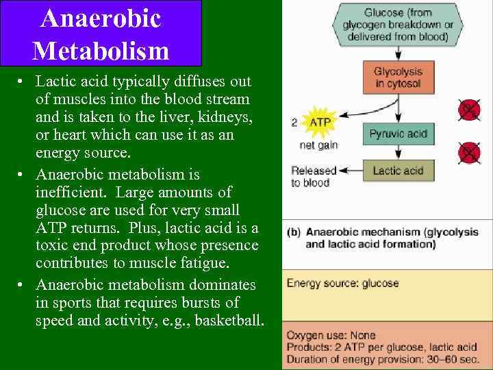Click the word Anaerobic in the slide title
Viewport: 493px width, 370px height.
pyautogui.click(x=101, y=18)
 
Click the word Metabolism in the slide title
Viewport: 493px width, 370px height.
pyautogui.click(x=101, y=50)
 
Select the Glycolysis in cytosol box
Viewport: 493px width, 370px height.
pyautogui.click(x=398, y=77)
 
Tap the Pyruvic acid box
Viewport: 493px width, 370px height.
pyautogui.click(x=398, y=134)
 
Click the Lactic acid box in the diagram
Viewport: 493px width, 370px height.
pyautogui.click(x=398, y=171)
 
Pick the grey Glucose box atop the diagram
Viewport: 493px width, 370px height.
pyautogui.click(x=398, y=25)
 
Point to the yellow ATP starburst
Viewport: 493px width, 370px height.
pyautogui.click(x=320, y=123)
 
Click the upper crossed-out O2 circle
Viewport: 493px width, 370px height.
pyautogui.click(x=469, y=110)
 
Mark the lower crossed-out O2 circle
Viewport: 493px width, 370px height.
pyautogui.click(x=469, y=152)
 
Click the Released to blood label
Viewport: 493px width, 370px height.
pyautogui.click(x=314, y=177)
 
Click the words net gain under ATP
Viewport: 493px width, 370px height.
pyautogui.click(x=318, y=145)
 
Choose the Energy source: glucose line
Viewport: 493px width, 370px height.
pyautogui.click(x=342, y=283)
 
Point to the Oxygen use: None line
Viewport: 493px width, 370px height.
pyautogui.click(x=331, y=335)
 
